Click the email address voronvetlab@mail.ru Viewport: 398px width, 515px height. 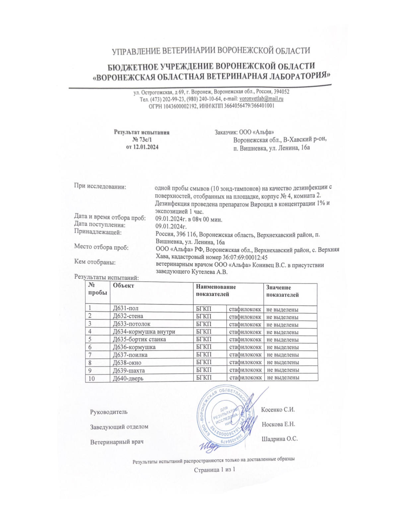pyautogui.click(x=261, y=99)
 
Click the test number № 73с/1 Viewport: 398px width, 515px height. pyautogui.click(x=142, y=140)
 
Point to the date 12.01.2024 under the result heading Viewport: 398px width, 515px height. pyautogui.click(x=146, y=147)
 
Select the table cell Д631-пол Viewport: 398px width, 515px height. pyautogui.click(x=126, y=309)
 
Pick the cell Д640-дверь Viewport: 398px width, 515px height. pyautogui.click(x=128, y=378)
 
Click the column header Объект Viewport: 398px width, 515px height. pyautogui.click(x=123, y=286)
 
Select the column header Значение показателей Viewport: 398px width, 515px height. pyautogui.click(x=282, y=291)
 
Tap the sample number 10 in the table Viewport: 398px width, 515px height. pyautogui.click(x=92, y=378)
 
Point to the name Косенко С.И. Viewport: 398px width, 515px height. pyautogui.click(x=278, y=409)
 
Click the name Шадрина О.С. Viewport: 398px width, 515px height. pyautogui.click(x=280, y=439)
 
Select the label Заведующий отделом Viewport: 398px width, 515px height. pyautogui.click(x=119, y=427)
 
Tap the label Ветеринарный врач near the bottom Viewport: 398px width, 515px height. pyautogui.click(x=117, y=442)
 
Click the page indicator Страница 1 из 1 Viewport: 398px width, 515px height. pyautogui.click(x=215, y=470)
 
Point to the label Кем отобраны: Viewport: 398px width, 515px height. pyautogui.click(x=95, y=262)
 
